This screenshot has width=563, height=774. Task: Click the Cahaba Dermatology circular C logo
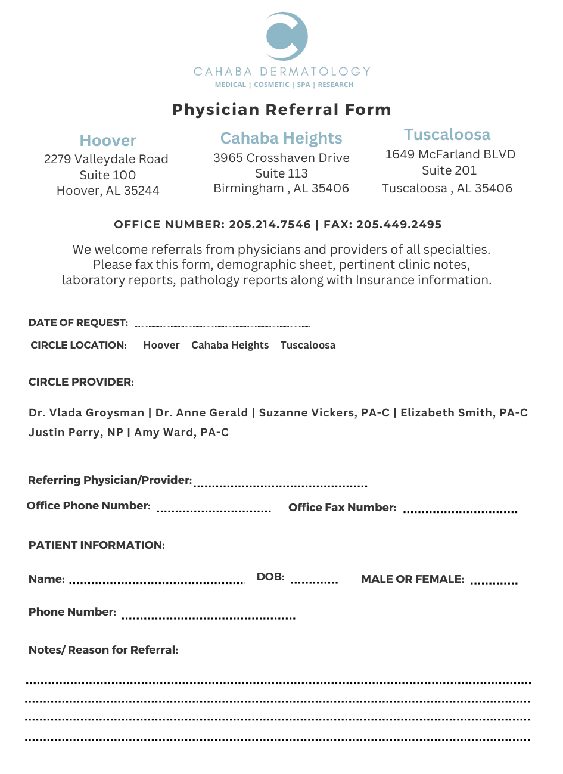pyautogui.click(x=286, y=36)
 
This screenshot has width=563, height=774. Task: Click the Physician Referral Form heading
pyautogui.click(x=281, y=110)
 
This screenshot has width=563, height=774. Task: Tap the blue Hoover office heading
pyautogui.click(x=108, y=141)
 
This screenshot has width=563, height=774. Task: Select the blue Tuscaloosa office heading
pyautogui.click(x=447, y=135)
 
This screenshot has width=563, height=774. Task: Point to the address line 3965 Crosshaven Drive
pyautogui.click(x=281, y=158)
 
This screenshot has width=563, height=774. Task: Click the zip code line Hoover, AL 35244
pyautogui.click(x=108, y=191)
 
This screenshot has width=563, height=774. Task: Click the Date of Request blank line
pyautogui.click(x=222, y=325)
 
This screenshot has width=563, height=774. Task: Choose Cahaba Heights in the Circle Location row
pyautogui.click(x=230, y=345)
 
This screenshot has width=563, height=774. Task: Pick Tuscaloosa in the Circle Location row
pyautogui.click(x=308, y=345)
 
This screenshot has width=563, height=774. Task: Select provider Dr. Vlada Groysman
pyautogui.click(x=86, y=413)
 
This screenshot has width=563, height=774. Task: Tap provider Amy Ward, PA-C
pyautogui.click(x=182, y=433)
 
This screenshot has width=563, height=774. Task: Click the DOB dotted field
pyautogui.click(x=314, y=582)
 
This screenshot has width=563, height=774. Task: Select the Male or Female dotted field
pyautogui.click(x=494, y=582)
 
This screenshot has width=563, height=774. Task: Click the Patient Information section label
pyautogui.click(x=97, y=545)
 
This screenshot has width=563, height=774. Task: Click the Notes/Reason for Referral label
pyautogui.click(x=103, y=650)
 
